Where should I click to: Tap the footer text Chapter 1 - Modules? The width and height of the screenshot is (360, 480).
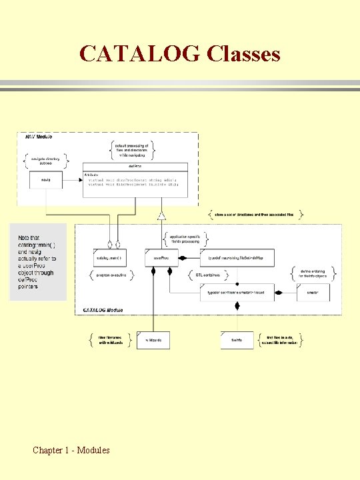[71, 451]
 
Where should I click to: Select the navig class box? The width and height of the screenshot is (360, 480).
[45, 180]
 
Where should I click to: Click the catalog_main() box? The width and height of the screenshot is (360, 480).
[111, 257]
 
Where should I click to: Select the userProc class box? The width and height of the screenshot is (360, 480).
[162, 257]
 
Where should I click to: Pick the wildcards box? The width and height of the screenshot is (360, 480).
[154, 341]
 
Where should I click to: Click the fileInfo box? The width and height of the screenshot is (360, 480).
[237, 341]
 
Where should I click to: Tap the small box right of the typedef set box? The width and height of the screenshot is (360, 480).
[313, 292]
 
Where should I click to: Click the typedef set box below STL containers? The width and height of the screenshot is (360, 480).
[236, 292]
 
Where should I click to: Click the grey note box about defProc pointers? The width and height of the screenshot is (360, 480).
[38, 261]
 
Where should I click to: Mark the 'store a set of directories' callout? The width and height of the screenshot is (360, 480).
[257, 215]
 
